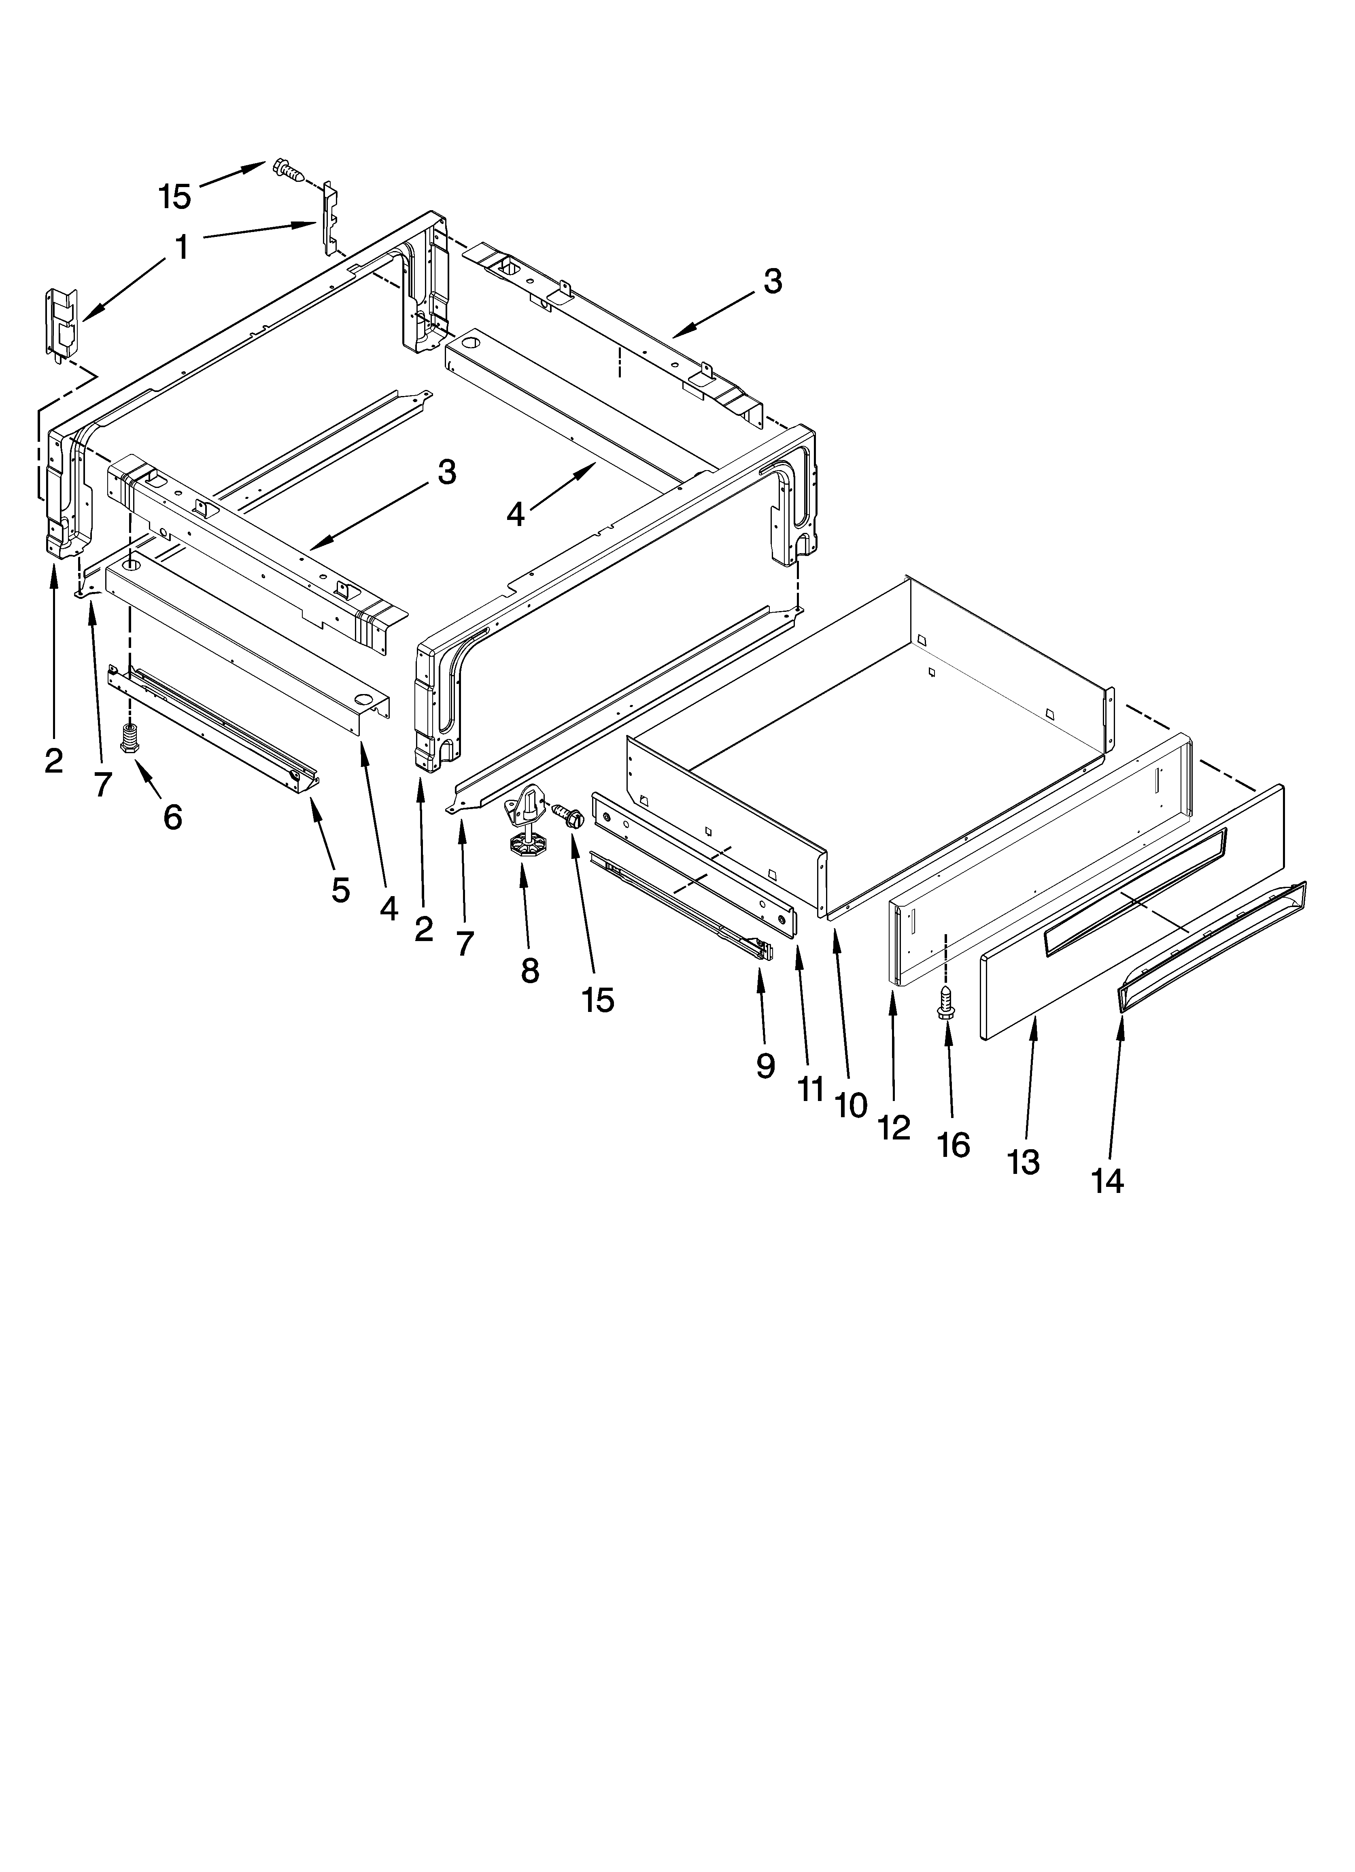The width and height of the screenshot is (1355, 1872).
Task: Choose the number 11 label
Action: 810,1090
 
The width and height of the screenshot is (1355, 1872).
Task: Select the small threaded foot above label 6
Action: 129,736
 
